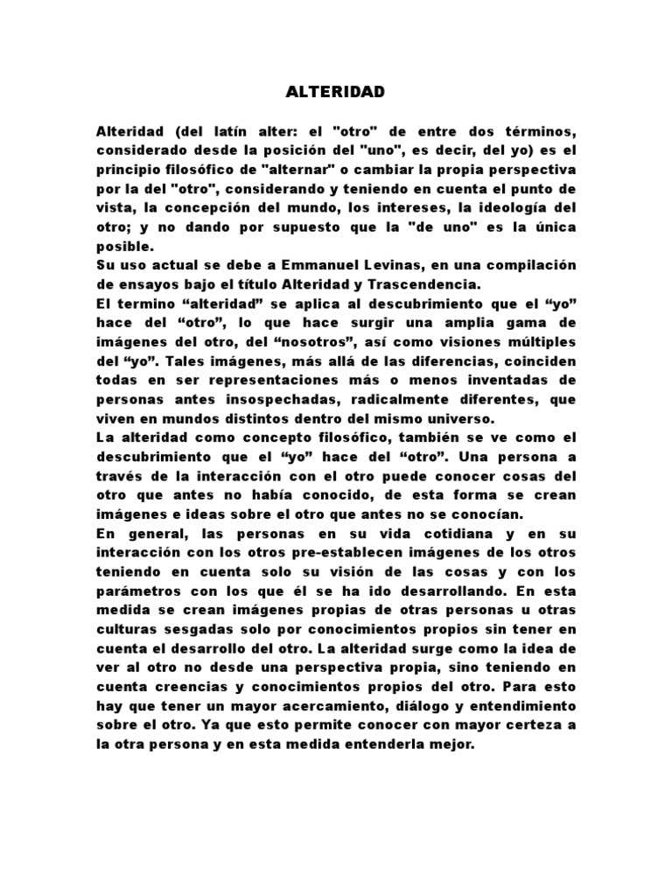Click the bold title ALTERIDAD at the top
(335, 92)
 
